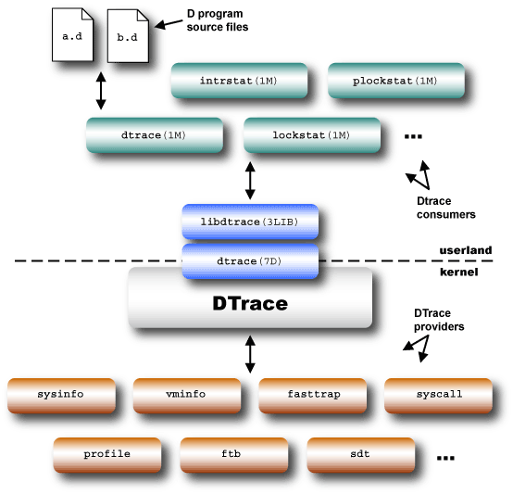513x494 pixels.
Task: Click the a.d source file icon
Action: coord(71,36)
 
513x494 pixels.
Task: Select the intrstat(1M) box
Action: coord(238,81)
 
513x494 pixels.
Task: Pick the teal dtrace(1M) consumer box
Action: coord(154,135)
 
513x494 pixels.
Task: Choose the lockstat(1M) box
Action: coord(311,135)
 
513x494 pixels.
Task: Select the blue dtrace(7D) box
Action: coord(250,262)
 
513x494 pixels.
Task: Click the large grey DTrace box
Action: coord(250,303)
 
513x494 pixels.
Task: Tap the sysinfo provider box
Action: coord(61,395)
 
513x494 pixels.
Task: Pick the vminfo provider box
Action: coord(187,395)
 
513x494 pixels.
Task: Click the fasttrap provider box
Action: coord(313,395)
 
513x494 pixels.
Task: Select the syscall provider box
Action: coord(439,395)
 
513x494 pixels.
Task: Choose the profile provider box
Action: coord(107,454)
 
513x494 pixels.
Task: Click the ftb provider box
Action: coord(234,454)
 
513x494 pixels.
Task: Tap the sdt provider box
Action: coord(360,454)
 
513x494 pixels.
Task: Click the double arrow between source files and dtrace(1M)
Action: coord(100,90)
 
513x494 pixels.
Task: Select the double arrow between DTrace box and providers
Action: coord(250,354)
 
